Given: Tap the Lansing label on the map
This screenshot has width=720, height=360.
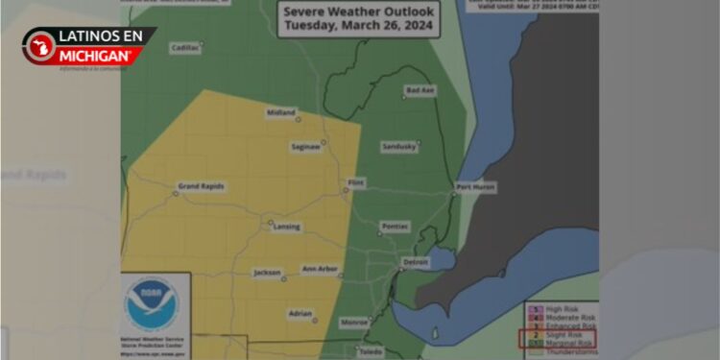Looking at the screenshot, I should (x=286, y=228).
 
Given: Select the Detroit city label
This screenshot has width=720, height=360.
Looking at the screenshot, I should (x=415, y=262).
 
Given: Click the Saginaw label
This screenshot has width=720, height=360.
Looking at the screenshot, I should (x=306, y=147).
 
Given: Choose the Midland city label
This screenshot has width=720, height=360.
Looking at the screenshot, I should (x=281, y=112).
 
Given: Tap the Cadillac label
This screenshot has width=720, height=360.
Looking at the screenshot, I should (x=185, y=47).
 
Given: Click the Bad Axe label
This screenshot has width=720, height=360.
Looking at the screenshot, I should (x=420, y=90).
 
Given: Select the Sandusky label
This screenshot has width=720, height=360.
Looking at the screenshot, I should (x=399, y=146).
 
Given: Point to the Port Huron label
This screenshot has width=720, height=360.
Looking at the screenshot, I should (x=476, y=186).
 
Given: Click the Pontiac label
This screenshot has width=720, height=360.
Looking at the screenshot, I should (x=395, y=227).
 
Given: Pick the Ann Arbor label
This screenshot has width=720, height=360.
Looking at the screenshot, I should (x=320, y=270).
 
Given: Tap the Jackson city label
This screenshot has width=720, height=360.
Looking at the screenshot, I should (x=267, y=273).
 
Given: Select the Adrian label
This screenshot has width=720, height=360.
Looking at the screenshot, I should (x=301, y=314).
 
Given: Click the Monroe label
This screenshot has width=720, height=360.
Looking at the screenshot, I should (x=354, y=323).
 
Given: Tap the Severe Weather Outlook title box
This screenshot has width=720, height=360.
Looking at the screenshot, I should (x=359, y=18).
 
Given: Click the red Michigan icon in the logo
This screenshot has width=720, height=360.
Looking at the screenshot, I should (x=40, y=46).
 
